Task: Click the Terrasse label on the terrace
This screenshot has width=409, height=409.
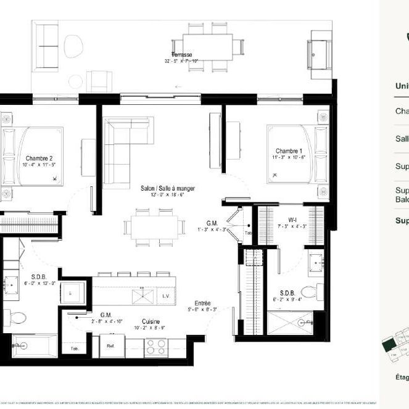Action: click(182, 55)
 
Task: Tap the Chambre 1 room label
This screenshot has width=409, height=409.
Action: click(289, 151)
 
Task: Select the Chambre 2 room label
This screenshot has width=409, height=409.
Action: click(39, 158)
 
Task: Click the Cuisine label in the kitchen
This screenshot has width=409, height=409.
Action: click(152, 321)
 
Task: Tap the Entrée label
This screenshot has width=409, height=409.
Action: click(202, 304)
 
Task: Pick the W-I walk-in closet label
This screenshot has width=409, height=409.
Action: click(294, 219)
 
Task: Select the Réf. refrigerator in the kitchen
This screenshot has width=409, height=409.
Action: click(112, 346)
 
